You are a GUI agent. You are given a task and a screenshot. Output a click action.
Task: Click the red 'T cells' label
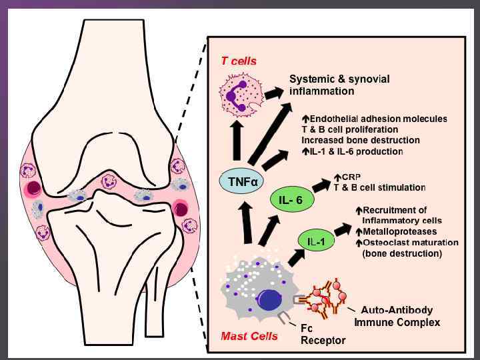pyautogui.click(x=239, y=61)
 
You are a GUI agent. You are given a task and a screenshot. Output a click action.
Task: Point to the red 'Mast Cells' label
pyautogui.click(x=249, y=336)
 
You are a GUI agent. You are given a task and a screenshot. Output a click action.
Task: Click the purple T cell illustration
pyautogui.click(x=237, y=97)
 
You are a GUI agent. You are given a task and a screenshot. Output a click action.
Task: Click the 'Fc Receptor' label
pyautogui.click(x=323, y=334)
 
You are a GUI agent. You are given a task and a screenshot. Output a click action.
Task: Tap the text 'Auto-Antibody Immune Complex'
pyautogui.click(x=401, y=316)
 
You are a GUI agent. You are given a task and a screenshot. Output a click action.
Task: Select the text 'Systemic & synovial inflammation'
pyautogui.click(x=339, y=85)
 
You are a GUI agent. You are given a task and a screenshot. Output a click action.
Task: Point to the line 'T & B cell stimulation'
pyautogui.click(x=379, y=187)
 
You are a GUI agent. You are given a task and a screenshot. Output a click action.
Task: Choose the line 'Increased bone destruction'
pyautogui.click(x=361, y=140)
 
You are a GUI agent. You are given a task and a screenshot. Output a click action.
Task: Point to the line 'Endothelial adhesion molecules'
pyautogui.click(x=379, y=119)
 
